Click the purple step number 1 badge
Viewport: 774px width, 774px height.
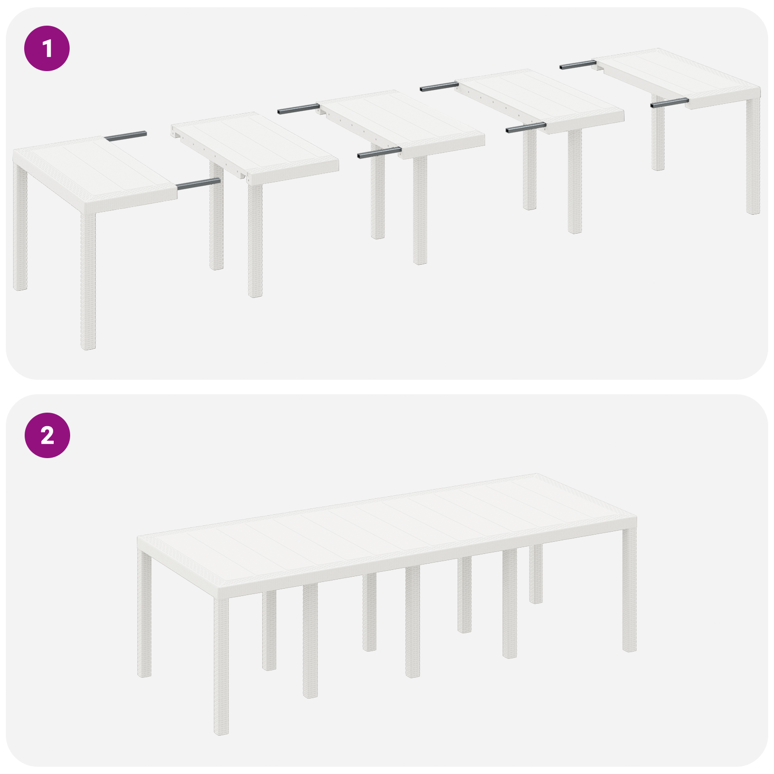[x=47, y=48]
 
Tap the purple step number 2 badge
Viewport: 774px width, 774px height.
[x=47, y=435]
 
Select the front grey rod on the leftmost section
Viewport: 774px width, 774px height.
[x=198, y=183]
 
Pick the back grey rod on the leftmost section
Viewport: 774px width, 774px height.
[x=125, y=136]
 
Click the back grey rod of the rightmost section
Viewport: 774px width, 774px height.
[x=578, y=65]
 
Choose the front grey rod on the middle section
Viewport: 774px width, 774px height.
[x=379, y=153]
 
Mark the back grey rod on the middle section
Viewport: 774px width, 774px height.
[x=298, y=109]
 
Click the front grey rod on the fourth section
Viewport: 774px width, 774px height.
[x=526, y=128]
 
